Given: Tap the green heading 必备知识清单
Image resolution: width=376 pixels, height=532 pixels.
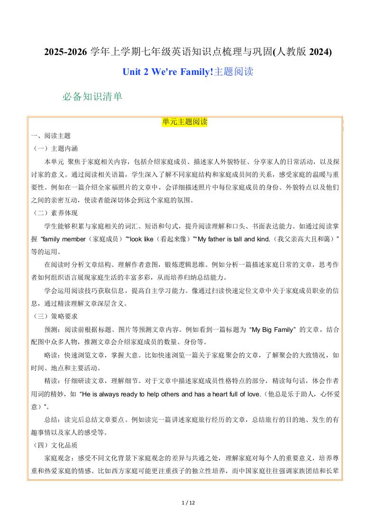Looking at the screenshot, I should pos(92,97).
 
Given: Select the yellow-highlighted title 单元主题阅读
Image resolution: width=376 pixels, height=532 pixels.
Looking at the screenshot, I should pos(185,122).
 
